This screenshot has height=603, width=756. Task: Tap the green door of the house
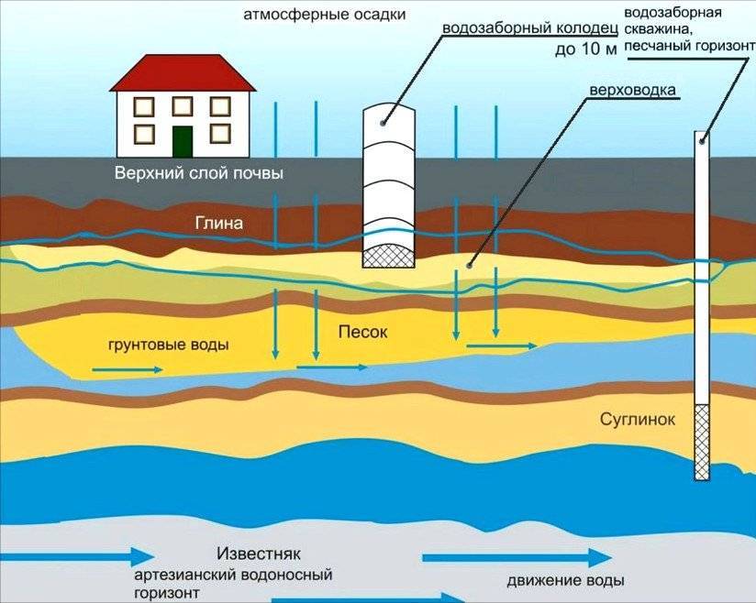(183, 140)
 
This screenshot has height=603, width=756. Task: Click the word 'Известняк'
(259, 554)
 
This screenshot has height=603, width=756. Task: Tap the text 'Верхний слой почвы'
(198, 173)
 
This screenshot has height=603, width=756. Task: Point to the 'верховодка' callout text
(632, 91)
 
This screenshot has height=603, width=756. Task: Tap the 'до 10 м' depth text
(584, 49)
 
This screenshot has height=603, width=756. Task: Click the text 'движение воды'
(566, 581)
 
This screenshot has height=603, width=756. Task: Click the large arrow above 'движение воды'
(517, 557)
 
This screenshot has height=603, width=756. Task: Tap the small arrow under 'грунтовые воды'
(126, 370)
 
